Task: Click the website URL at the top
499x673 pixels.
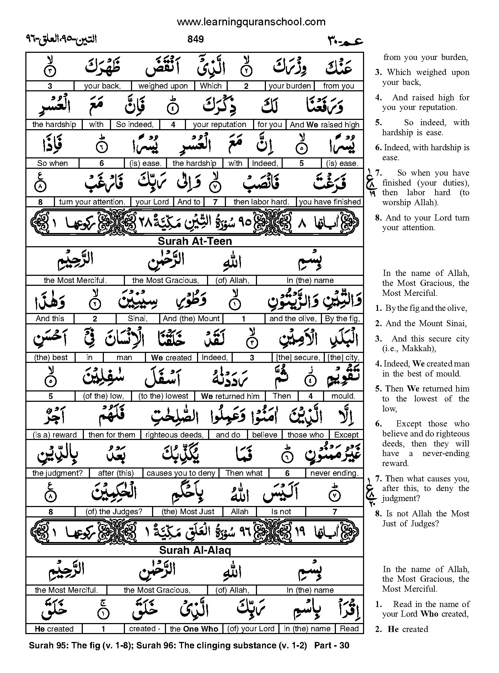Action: (x=251, y=22)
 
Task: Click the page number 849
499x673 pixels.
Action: (x=195, y=39)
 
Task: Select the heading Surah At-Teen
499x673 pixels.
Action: (x=195, y=241)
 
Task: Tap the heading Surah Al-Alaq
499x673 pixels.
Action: (x=195, y=550)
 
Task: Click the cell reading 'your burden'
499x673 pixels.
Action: (x=289, y=86)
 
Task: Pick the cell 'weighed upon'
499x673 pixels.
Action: (x=163, y=86)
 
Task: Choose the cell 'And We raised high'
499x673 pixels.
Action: (x=324, y=125)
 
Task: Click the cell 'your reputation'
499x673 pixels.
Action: (x=220, y=125)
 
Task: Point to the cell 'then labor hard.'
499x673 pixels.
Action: (x=261, y=202)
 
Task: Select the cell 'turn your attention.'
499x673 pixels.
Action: (x=92, y=202)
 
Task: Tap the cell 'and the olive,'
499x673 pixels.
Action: (x=293, y=319)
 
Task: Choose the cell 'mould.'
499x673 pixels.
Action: (x=343, y=396)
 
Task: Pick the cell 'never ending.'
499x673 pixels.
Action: (x=334, y=473)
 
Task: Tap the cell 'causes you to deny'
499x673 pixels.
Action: (x=181, y=473)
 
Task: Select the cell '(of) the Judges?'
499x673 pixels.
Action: (x=114, y=512)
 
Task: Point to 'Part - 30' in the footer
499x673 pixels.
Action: (x=332, y=645)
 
